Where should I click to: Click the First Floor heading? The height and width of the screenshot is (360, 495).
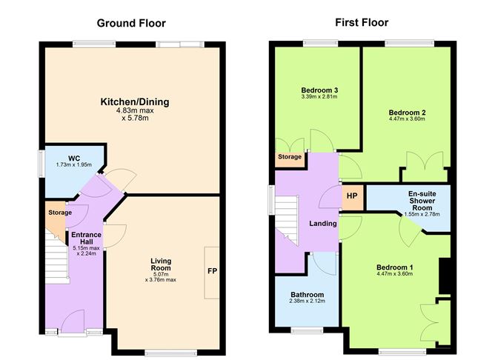362,23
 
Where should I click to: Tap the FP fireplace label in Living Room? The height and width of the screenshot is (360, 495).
212,272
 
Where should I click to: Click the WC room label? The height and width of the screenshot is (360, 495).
74,158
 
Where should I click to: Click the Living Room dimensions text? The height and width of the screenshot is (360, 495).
161,277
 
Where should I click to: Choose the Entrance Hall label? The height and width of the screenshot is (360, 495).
86,239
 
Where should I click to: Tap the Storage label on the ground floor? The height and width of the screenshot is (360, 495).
60,213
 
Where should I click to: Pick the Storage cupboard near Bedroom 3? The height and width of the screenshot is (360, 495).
290,157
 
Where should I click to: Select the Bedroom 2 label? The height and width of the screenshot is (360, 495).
407,113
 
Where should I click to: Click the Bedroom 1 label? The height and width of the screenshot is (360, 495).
394,267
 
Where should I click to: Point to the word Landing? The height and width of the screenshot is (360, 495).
324,224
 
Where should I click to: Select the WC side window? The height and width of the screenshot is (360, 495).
42,164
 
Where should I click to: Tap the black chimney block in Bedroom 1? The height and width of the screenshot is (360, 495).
445,276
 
